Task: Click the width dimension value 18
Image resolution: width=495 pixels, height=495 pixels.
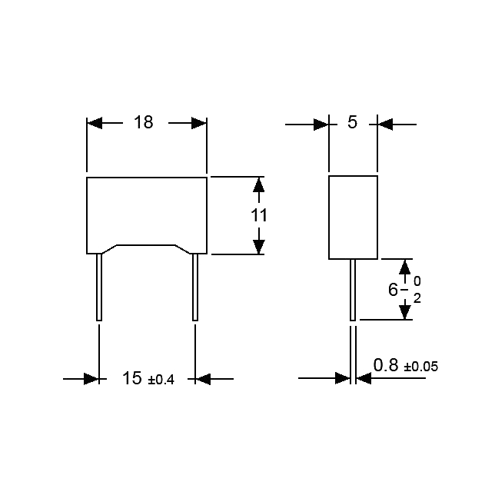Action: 143,122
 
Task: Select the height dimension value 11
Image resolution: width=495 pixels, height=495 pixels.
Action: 259,215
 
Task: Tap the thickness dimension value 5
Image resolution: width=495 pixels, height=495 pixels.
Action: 352,122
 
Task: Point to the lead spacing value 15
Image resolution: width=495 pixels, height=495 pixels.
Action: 132,378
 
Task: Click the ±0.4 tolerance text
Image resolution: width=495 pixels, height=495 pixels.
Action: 161,380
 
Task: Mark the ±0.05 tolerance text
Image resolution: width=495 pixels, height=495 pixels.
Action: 421,367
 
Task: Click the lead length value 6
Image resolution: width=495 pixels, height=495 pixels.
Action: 393,290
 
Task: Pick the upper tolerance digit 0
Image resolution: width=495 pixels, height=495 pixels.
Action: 417,281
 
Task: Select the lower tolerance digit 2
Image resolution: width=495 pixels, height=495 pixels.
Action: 417,298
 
